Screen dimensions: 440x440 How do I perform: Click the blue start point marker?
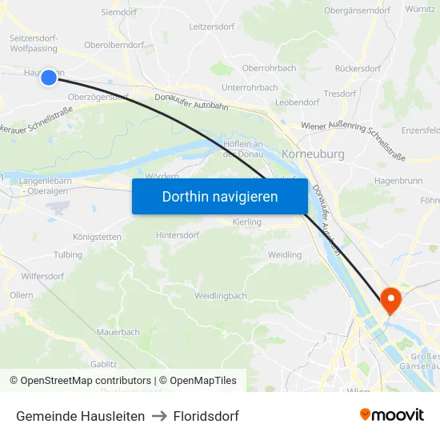[x=48, y=77]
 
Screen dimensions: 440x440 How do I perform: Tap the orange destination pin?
[x=391, y=301]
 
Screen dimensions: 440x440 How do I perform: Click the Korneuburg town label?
[x=314, y=153]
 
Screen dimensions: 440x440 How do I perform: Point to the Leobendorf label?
[x=297, y=102]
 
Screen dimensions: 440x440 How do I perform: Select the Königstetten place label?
[x=98, y=237]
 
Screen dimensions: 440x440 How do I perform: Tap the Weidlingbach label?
[x=220, y=296]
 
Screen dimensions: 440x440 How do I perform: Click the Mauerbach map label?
[x=118, y=332]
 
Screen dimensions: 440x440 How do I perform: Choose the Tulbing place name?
[x=68, y=255]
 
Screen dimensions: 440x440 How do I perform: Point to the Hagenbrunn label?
[x=398, y=181]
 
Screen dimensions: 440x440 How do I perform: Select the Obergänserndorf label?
[x=357, y=10]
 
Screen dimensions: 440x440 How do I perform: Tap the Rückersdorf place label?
[x=358, y=69]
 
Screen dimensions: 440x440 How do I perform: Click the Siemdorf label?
[x=120, y=13]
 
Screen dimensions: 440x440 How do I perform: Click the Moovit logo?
[x=392, y=415]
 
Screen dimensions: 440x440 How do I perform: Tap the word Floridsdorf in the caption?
[x=206, y=416]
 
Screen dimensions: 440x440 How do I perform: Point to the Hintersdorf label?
[x=178, y=235]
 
